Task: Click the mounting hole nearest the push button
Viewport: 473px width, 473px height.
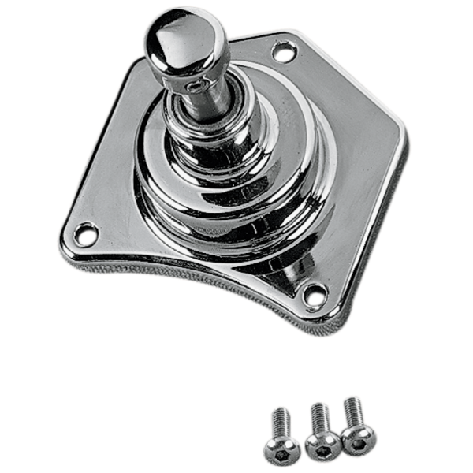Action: (x=281, y=53)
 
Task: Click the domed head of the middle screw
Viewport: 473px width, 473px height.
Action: (x=322, y=440)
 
